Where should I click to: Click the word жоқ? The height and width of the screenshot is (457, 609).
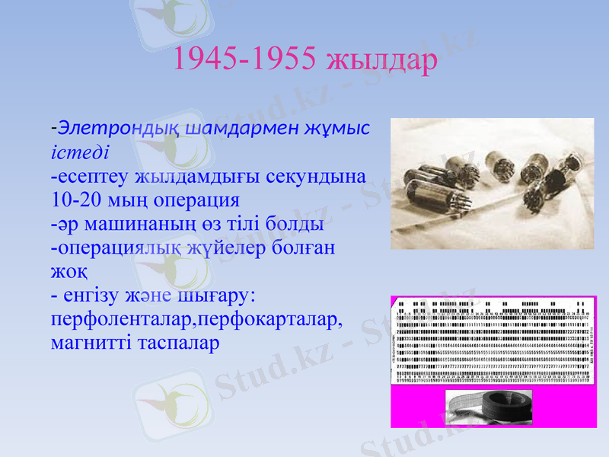tap(68, 272)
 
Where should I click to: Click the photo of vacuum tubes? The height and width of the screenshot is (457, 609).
tap(492, 184)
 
